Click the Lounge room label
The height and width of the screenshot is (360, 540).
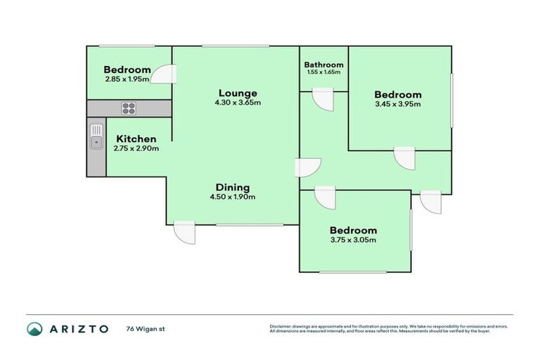tap(237, 93)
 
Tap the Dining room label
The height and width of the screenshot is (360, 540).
tap(232, 187)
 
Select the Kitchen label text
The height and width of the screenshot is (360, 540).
tap(136, 139)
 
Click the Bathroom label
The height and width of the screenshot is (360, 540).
tap(323, 64)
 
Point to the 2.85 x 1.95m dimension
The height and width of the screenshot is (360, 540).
tap(127, 79)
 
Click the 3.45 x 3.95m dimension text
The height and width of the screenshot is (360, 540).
tap(397, 105)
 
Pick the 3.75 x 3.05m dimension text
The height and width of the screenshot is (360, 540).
tap(353, 240)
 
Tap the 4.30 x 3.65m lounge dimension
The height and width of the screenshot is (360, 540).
tap(237, 103)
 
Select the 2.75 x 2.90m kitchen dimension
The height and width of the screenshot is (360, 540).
tap(136, 148)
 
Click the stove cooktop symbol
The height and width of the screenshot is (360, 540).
tap(129, 108)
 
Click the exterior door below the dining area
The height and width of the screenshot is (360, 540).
tap(184, 233)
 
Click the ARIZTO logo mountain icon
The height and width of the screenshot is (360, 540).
tap(35, 329)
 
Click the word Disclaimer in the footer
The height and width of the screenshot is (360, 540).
tap(281, 327)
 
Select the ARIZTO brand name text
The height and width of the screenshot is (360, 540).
tap(79, 329)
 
